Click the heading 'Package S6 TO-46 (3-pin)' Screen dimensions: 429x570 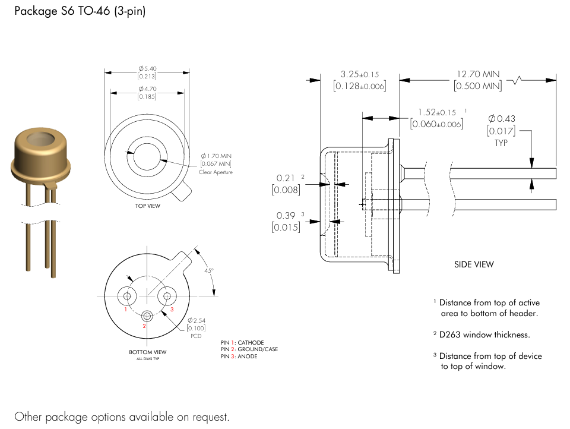[x=80, y=12]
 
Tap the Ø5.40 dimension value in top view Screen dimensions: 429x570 [x=147, y=69]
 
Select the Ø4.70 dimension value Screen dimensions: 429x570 [x=147, y=89]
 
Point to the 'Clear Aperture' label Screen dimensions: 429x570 [x=216, y=172]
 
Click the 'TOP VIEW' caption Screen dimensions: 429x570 [x=148, y=206]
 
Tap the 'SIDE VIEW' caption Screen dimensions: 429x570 [x=474, y=264]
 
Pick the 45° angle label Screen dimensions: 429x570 [x=208, y=270]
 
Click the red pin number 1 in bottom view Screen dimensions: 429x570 [x=126, y=310]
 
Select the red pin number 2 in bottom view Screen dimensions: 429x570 [x=144, y=326]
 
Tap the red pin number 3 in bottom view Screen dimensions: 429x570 [x=172, y=310]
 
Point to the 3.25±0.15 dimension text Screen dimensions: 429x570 [x=359, y=75]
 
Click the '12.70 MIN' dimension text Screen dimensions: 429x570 [x=478, y=74]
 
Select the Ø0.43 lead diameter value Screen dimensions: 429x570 [x=501, y=119]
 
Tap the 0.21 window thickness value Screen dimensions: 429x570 [x=286, y=178]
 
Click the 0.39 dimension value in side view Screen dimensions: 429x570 [x=286, y=215]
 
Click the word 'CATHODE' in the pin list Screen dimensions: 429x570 [x=251, y=343]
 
